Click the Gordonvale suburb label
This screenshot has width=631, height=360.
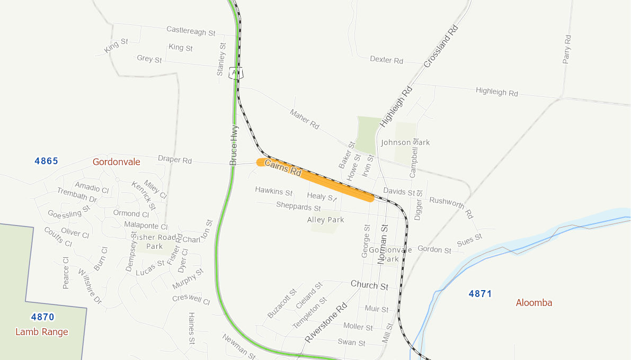point(117,162)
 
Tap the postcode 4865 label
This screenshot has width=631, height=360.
point(46,161)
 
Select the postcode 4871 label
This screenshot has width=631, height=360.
point(480,293)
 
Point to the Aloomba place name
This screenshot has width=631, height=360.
point(534,303)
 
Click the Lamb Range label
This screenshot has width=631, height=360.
point(42,332)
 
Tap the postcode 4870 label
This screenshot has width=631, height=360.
point(42,317)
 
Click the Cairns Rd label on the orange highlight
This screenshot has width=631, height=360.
point(283,168)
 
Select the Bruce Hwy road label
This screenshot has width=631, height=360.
point(234,145)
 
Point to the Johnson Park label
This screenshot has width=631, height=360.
point(405,142)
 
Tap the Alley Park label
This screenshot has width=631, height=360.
point(325,220)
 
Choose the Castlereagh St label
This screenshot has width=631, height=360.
point(191,31)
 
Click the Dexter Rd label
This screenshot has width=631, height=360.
point(386,60)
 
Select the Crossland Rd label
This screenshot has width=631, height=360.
point(440,46)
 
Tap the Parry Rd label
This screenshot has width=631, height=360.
point(567,49)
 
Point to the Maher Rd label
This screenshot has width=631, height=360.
point(305,119)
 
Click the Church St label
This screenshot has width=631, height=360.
point(369,285)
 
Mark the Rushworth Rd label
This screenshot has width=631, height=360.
point(451,207)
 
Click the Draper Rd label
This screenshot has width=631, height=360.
point(175,159)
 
